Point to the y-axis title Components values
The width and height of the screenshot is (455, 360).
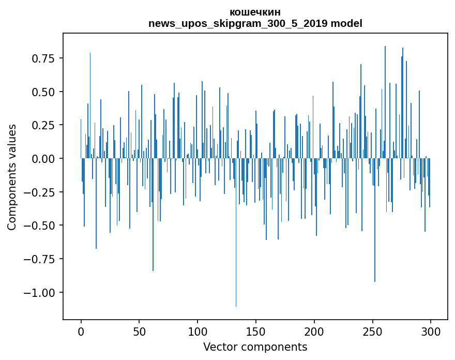click(x=11, y=177)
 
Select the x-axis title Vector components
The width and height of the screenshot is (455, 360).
click(x=255, y=347)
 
